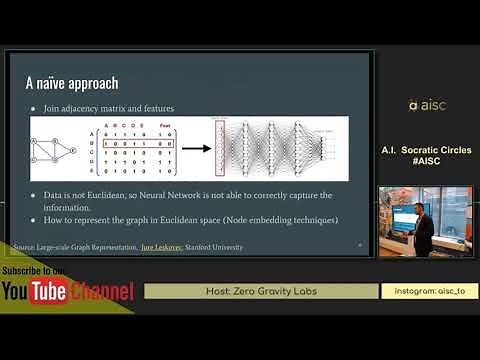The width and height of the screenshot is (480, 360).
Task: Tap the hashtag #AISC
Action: (426, 161)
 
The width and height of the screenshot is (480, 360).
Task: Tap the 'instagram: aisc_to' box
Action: (430, 291)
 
